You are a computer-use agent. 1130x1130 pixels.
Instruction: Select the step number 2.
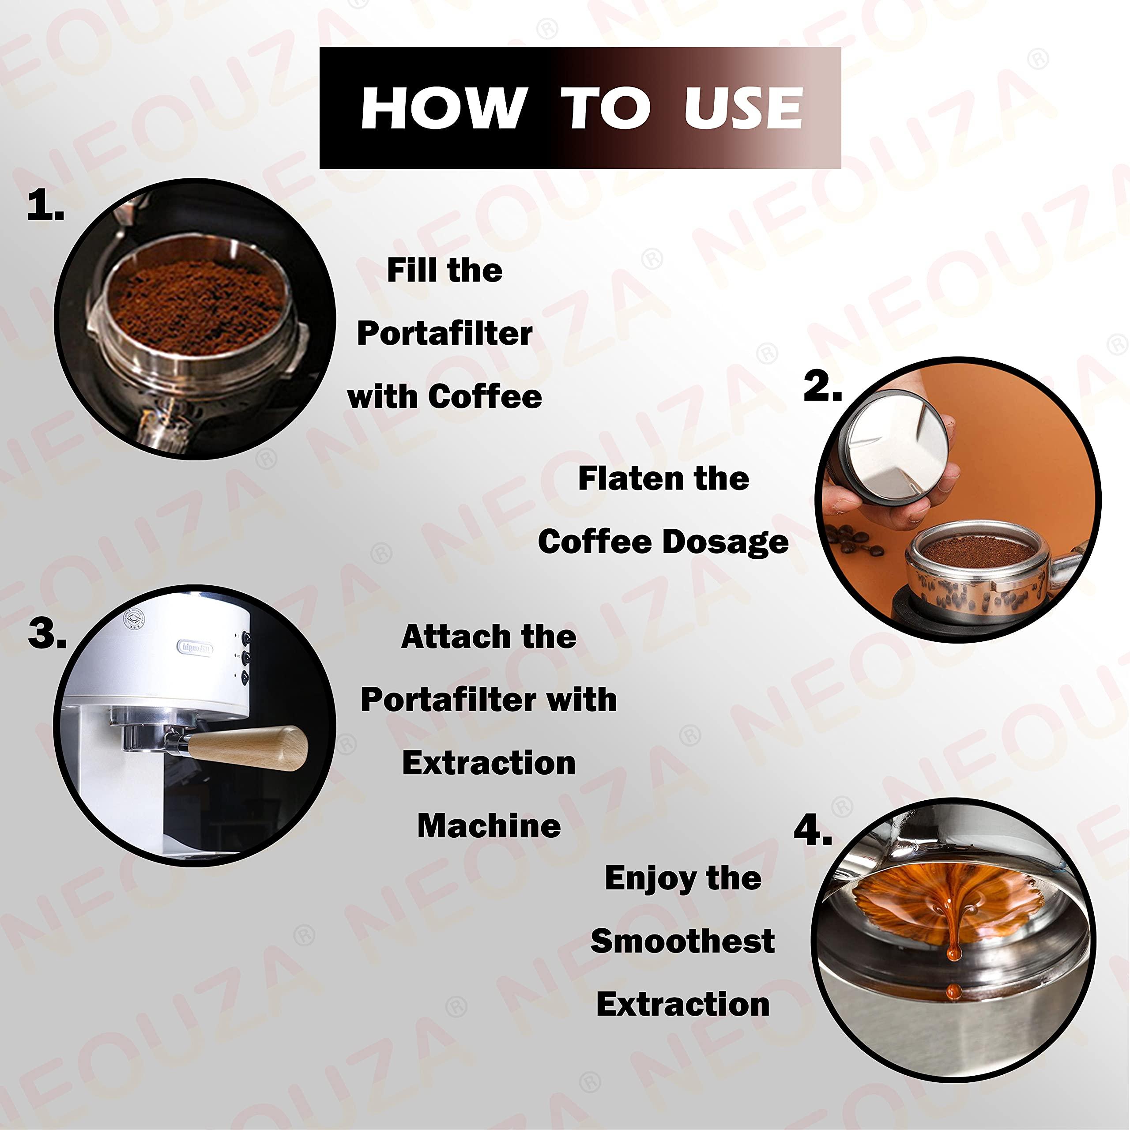(822, 387)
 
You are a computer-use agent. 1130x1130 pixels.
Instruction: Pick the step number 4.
(812, 831)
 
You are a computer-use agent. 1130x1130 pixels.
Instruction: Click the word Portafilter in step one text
(444, 334)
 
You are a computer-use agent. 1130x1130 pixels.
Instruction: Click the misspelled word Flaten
(625, 478)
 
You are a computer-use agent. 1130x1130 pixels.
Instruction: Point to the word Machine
(489, 826)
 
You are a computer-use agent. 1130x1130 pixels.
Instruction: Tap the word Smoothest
(682, 941)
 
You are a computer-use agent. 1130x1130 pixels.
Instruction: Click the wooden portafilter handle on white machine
(252, 747)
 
